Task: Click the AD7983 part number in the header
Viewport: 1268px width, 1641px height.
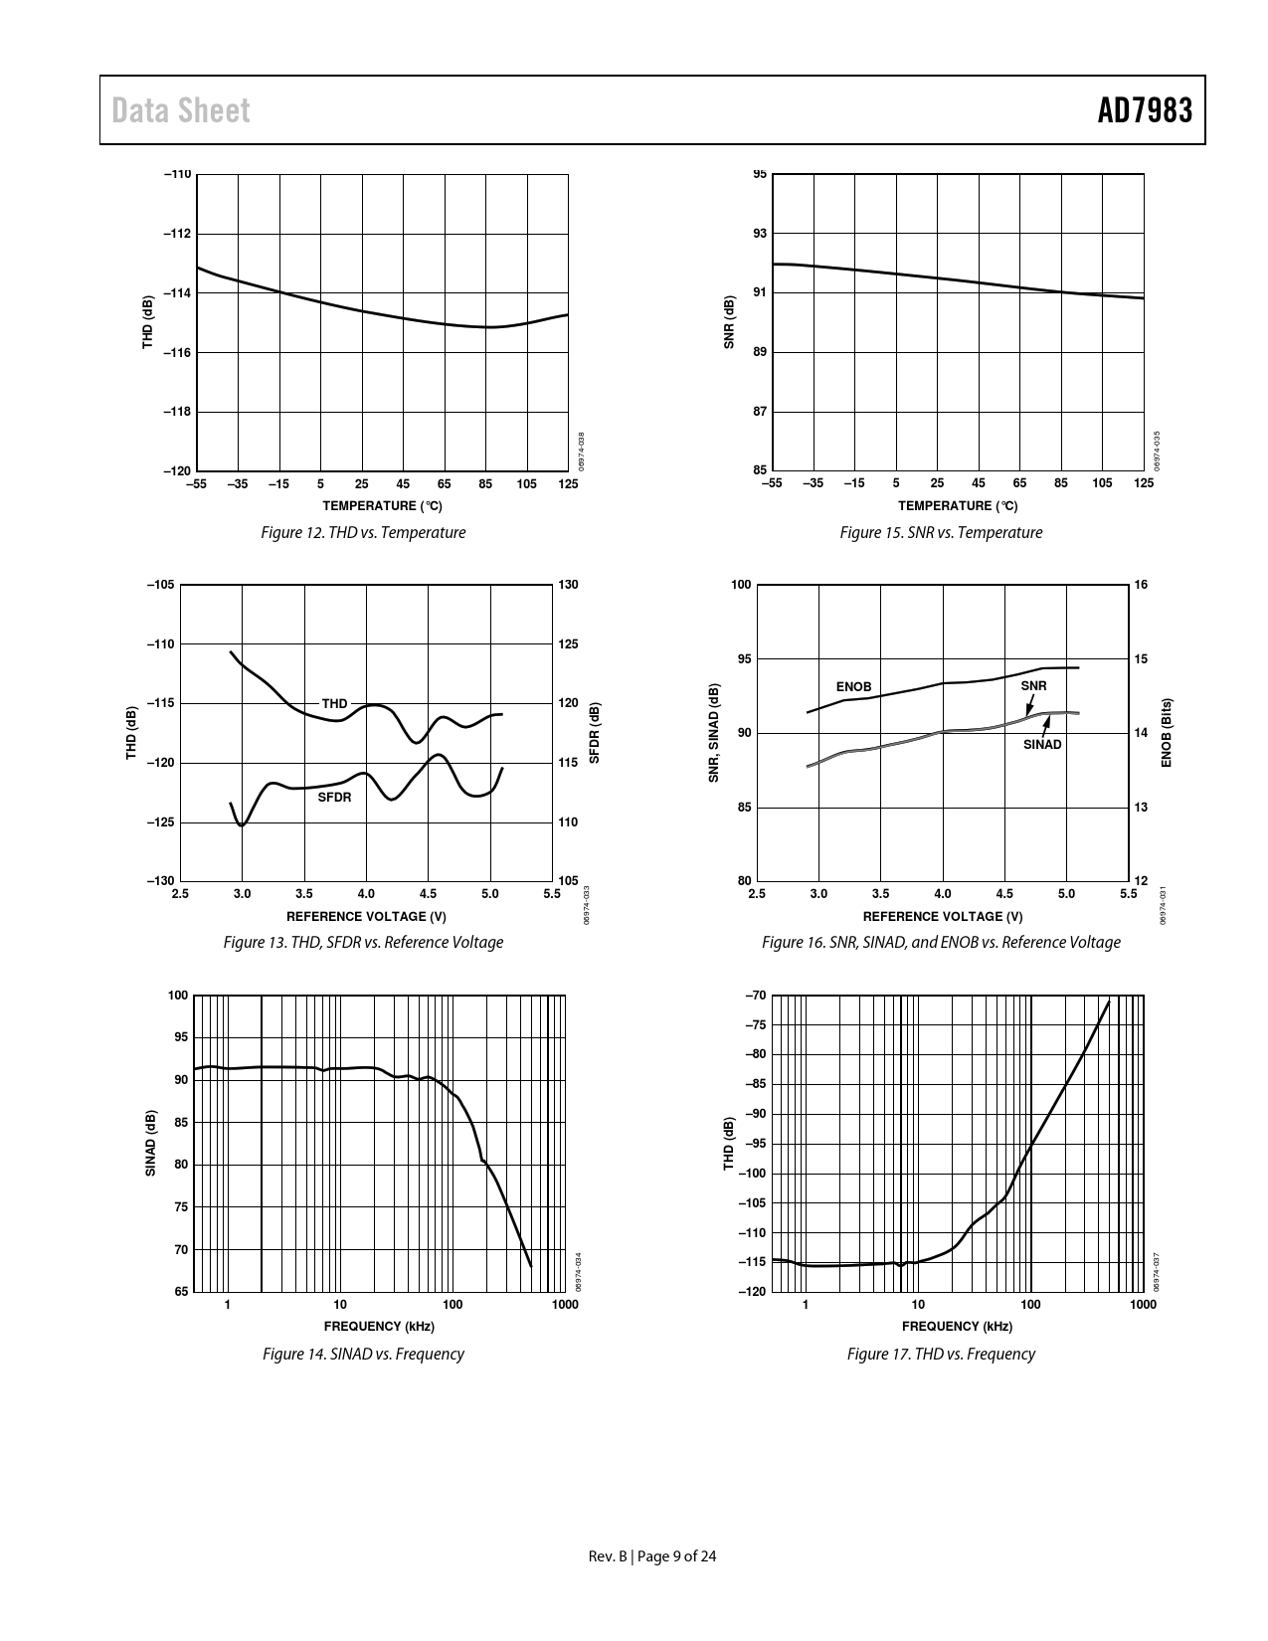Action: coord(1144,110)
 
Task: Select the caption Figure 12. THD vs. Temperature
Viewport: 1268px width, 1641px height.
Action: coord(363,533)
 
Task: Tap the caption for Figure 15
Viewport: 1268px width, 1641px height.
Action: coord(941,533)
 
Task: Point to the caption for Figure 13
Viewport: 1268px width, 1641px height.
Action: coord(363,942)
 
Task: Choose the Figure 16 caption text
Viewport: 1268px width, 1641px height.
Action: coord(941,942)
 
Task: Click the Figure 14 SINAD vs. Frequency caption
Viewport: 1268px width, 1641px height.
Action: coord(363,1354)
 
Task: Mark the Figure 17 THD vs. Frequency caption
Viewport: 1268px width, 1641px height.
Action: coord(941,1354)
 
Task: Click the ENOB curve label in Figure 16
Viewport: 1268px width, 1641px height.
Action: coord(853,687)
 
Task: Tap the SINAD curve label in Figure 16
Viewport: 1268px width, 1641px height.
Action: coord(1042,745)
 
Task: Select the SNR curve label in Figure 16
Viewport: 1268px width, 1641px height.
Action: coord(1033,686)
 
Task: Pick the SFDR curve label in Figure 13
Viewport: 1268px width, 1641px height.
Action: coord(334,798)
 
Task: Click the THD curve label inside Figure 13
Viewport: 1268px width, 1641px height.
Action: coord(334,704)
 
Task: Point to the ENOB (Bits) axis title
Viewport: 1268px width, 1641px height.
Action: coord(1167,732)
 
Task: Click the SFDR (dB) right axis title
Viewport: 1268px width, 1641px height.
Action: coord(594,733)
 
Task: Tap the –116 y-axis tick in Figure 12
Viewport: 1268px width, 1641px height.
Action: coord(177,353)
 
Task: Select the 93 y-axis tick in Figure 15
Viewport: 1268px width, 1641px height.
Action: coord(760,234)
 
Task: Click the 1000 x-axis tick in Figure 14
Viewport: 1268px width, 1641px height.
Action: coord(565,1305)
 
